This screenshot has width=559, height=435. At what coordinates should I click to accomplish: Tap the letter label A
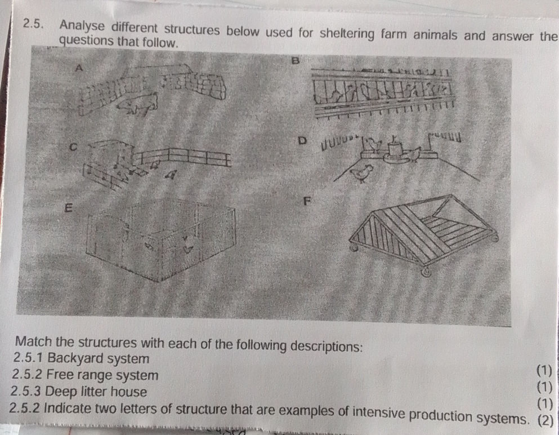click(79, 68)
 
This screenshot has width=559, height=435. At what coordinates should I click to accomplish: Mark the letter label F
click(307, 201)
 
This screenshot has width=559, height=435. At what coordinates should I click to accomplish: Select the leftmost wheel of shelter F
click(354, 247)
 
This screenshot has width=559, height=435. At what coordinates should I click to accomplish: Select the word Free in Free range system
click(59, 374)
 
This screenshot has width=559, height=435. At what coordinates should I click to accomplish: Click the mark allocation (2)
click(545, 420)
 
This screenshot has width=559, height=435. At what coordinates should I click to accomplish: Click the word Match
click(36, 344)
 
